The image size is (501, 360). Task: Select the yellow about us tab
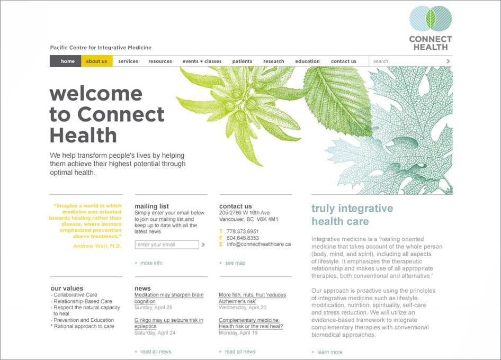[97, 61]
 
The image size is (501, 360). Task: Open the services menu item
[128, 61]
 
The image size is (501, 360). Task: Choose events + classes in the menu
[202, 61]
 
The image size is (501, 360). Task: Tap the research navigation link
[273, 61]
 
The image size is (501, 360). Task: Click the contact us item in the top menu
[344, 61]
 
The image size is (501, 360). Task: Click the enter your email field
[167, 245]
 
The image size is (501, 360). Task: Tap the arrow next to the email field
[203, 245]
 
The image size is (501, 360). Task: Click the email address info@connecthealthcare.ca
[259, 244]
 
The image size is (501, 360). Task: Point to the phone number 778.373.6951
[243, 231]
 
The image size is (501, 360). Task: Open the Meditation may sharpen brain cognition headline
[169, 298]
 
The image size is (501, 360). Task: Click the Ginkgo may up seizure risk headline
[169, 323]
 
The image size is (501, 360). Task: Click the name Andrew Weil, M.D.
[97, 246]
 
